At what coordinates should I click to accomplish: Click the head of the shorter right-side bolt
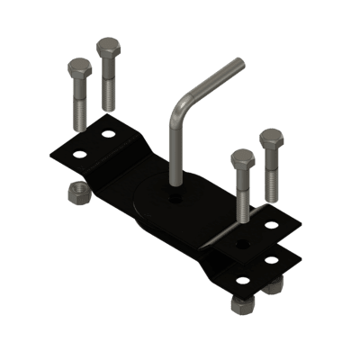pyautogui.click(x=242, y=161)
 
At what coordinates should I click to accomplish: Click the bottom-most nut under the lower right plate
pyautogui.click(x=242, y=306)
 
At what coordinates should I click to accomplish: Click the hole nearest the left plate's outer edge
pyautogui.click(x=79, y=153)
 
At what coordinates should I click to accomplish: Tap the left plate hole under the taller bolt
pyautogui.click(x=110, y=135)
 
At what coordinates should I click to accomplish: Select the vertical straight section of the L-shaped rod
pyautogui.click(x=172, y=148)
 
